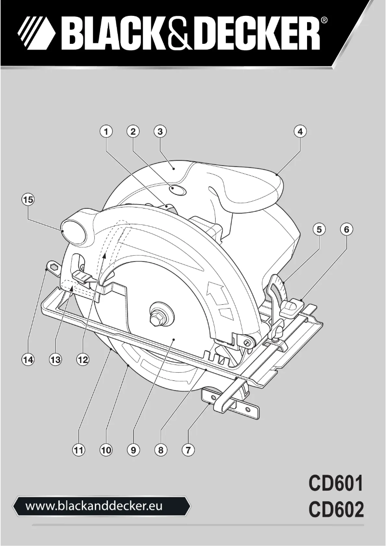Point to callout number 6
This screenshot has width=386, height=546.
[346, 230]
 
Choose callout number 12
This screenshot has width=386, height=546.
[83, 359]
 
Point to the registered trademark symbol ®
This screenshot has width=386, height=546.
[325, 21]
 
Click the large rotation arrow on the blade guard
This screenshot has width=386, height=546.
[215, 293]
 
